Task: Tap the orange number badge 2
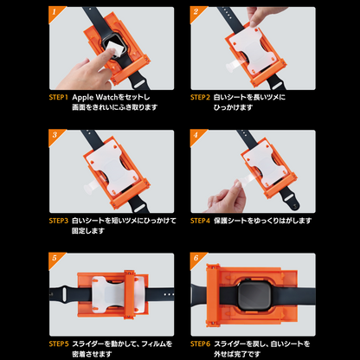[196, 13]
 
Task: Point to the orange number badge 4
[196, 135]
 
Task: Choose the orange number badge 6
[196, 259]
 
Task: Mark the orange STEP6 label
[201, 344]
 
